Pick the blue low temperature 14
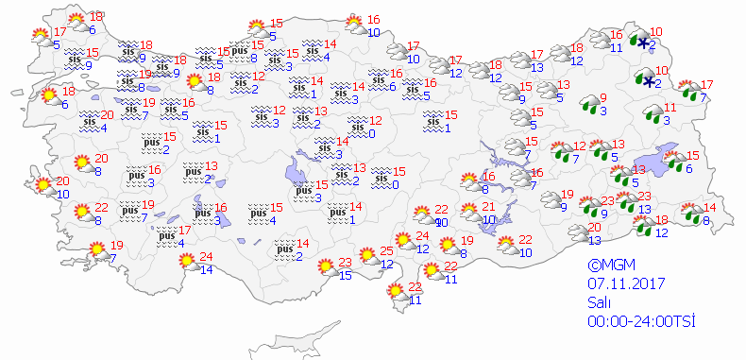(x=207, y=269)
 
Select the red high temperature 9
(x=603, y=97)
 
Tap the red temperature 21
(x=488, y=207)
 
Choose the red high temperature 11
(x=670, y=108)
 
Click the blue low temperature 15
(x=346, y=275)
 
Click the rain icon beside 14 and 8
(x=691, y=213)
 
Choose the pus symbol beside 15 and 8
(x=240, y=50)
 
